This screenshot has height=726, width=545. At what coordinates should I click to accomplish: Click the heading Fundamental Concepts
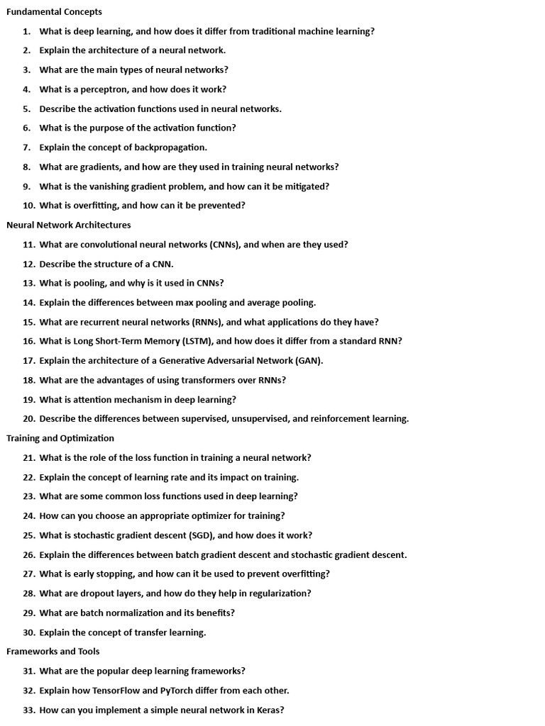click(x=54, y=12)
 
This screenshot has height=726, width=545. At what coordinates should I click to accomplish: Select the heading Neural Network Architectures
click(x=69, y=225)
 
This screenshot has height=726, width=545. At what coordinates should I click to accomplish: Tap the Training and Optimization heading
click(x=60, y=438)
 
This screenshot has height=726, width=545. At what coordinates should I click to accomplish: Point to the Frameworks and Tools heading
click(x=53, y=651)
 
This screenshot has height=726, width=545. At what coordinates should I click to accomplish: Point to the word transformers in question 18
click(x=186, y=380)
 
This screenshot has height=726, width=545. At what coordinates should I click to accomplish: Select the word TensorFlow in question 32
click(x=117, y=690)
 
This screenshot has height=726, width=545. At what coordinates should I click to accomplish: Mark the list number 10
click(x=28, y=206)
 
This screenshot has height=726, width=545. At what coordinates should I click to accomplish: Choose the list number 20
click(x=28, y=419)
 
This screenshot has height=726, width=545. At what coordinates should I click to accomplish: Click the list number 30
click(x=28, y=632)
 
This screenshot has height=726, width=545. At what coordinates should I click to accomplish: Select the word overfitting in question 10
click(x=97, y=206)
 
